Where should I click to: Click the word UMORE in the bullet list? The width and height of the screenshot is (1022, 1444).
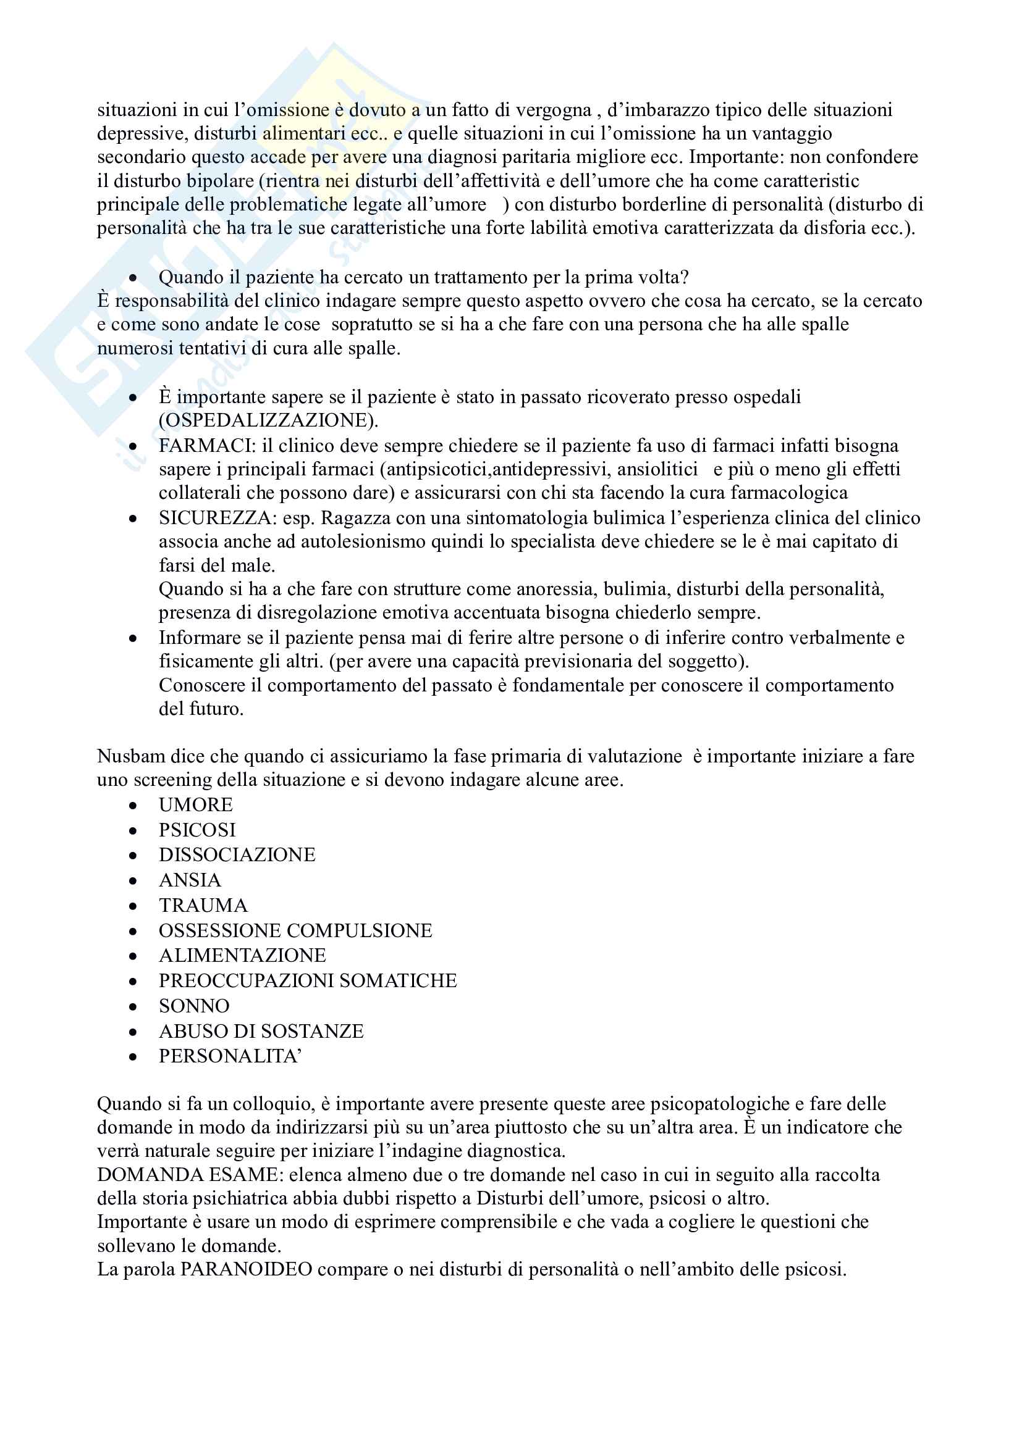pyautogui.click(x=195, y=805)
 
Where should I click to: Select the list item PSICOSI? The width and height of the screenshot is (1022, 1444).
pyautogui.click(x=197, y=830)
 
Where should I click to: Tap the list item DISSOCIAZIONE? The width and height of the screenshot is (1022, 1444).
pyautogui.click(x=237, y=854)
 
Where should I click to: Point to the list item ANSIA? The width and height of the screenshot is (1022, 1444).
pyautogui.click(x=190, y=880)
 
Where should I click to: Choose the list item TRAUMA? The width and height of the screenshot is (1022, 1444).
pyautogui.click(x=203, y=905)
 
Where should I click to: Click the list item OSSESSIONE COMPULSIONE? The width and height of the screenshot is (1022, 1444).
pyautogui.click(x=295, y=930)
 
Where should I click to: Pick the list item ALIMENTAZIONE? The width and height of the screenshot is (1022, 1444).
pyautogui.click(x=242, y=955)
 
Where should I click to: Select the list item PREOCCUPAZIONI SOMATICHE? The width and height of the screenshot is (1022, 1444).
pyautogui.click(x=308, y=980)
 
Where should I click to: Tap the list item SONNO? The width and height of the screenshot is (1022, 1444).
pyautogui.click(x=194, y=1006)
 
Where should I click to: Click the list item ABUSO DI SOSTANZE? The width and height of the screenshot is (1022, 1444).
pyautogui.click(x=261, y=1031)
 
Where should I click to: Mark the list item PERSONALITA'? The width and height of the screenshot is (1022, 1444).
pyautogui.click(x=230, y=1056)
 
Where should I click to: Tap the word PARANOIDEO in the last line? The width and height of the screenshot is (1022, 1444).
pyautogui.click(x=246, y=1269)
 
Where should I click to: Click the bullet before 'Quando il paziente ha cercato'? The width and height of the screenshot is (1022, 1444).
pyautogui.click(x=133, y=278)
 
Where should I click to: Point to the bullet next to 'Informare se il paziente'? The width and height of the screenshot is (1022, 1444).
pyautogui.click(x=133, y=638)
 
